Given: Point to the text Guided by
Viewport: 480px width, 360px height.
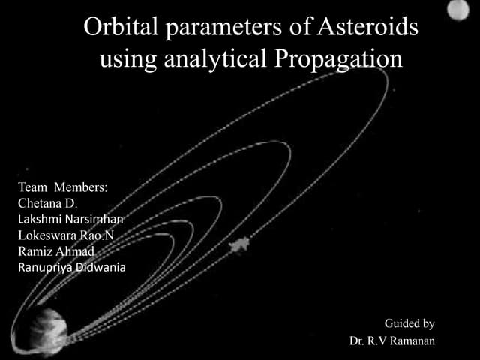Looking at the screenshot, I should coord(409,323).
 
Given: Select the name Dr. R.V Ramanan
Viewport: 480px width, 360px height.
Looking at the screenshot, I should coord(392,340).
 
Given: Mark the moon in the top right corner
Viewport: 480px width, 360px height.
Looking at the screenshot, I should coord(457,10).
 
